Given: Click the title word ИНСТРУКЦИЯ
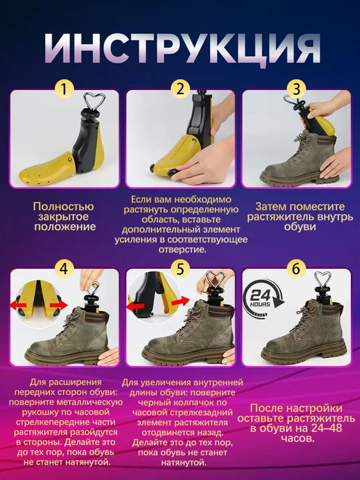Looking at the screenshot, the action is [x=183, y=48].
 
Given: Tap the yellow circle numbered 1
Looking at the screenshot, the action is [x=64, y=89].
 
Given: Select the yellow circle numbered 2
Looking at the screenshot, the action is [x=180, y=89].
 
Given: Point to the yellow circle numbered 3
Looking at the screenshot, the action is [x=297, y=89].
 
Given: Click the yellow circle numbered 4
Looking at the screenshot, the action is [x=64, y=269].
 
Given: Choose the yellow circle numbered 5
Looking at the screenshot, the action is [x=180, y=269].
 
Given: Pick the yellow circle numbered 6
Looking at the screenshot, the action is [x=297, y=269].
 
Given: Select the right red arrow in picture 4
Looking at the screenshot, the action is [x=59, y=305].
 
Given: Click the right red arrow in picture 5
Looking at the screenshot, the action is [x=181, y=302].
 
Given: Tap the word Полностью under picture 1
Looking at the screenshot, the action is [x=63, y=207].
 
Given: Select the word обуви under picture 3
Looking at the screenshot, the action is [x=295, y=227].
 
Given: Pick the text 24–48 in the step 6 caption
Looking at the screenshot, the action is [x=321, y=428].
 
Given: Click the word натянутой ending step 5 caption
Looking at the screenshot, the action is [x=183, y=463].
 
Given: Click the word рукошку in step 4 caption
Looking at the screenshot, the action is [x=42, y=412].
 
